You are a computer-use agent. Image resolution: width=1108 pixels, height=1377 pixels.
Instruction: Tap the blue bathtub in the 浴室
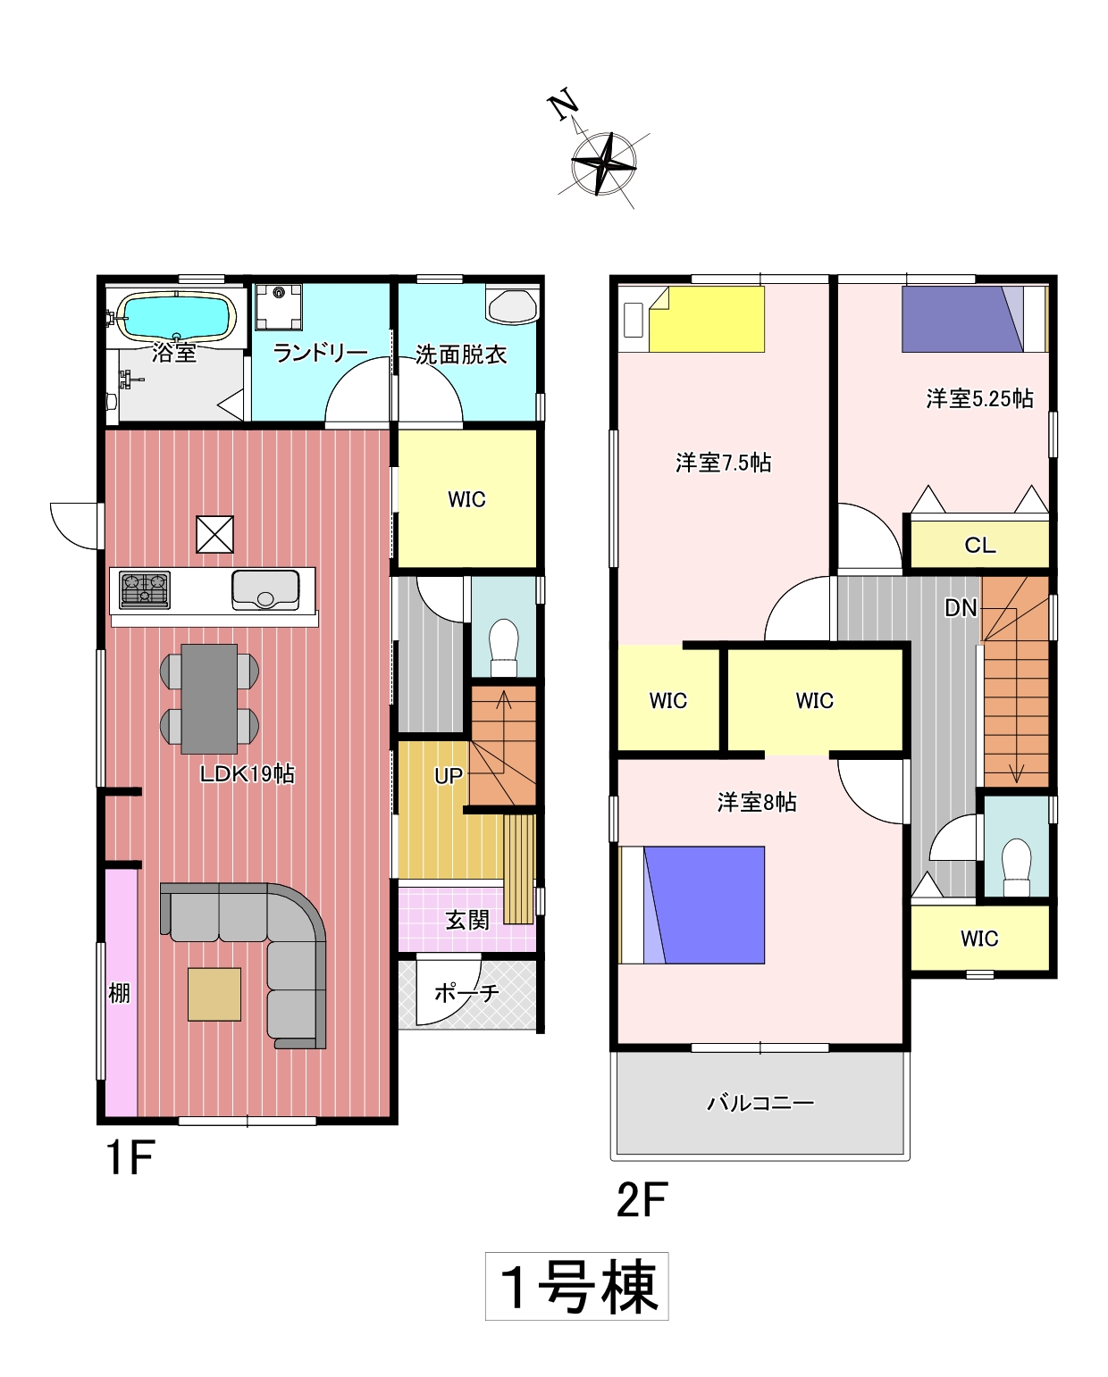tap(176, 316)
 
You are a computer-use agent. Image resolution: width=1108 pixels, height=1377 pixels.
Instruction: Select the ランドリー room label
tap(320, 353)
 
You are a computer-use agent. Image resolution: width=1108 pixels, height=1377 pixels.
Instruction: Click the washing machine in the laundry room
tap(279, 306)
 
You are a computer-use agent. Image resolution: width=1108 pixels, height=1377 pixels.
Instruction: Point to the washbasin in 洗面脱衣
tap(512, 307)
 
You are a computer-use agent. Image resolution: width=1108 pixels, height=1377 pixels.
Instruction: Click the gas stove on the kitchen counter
tap(145, 589)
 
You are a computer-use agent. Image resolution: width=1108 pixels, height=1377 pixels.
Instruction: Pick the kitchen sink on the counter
tap(265, 589)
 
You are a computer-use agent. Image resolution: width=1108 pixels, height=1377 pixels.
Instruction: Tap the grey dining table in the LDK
tap(209, 698)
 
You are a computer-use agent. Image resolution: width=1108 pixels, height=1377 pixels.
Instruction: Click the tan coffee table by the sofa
tap(214, 994)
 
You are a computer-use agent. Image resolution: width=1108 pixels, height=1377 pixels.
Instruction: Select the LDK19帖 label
tap(248, 774)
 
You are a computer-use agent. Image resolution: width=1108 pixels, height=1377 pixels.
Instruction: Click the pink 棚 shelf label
tap(119, 993)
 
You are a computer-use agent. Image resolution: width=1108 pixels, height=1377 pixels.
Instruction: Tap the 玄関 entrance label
tap(467, 920)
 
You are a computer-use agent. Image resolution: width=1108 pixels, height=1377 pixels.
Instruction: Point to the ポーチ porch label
tap(467, 992)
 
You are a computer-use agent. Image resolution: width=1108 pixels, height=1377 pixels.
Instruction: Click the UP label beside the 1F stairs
tap(449, 775)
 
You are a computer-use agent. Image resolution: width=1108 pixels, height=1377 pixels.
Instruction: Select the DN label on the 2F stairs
tap(961, 608)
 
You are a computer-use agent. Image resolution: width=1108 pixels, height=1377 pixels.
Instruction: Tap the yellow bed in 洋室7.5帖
tap(707, 319)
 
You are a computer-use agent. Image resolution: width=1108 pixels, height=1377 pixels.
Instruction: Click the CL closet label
tap(980, 545)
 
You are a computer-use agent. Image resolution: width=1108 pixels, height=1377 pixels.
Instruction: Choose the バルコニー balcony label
tap(760, 1103)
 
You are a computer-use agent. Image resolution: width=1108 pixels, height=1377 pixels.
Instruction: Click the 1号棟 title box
tap(577, 1286)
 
